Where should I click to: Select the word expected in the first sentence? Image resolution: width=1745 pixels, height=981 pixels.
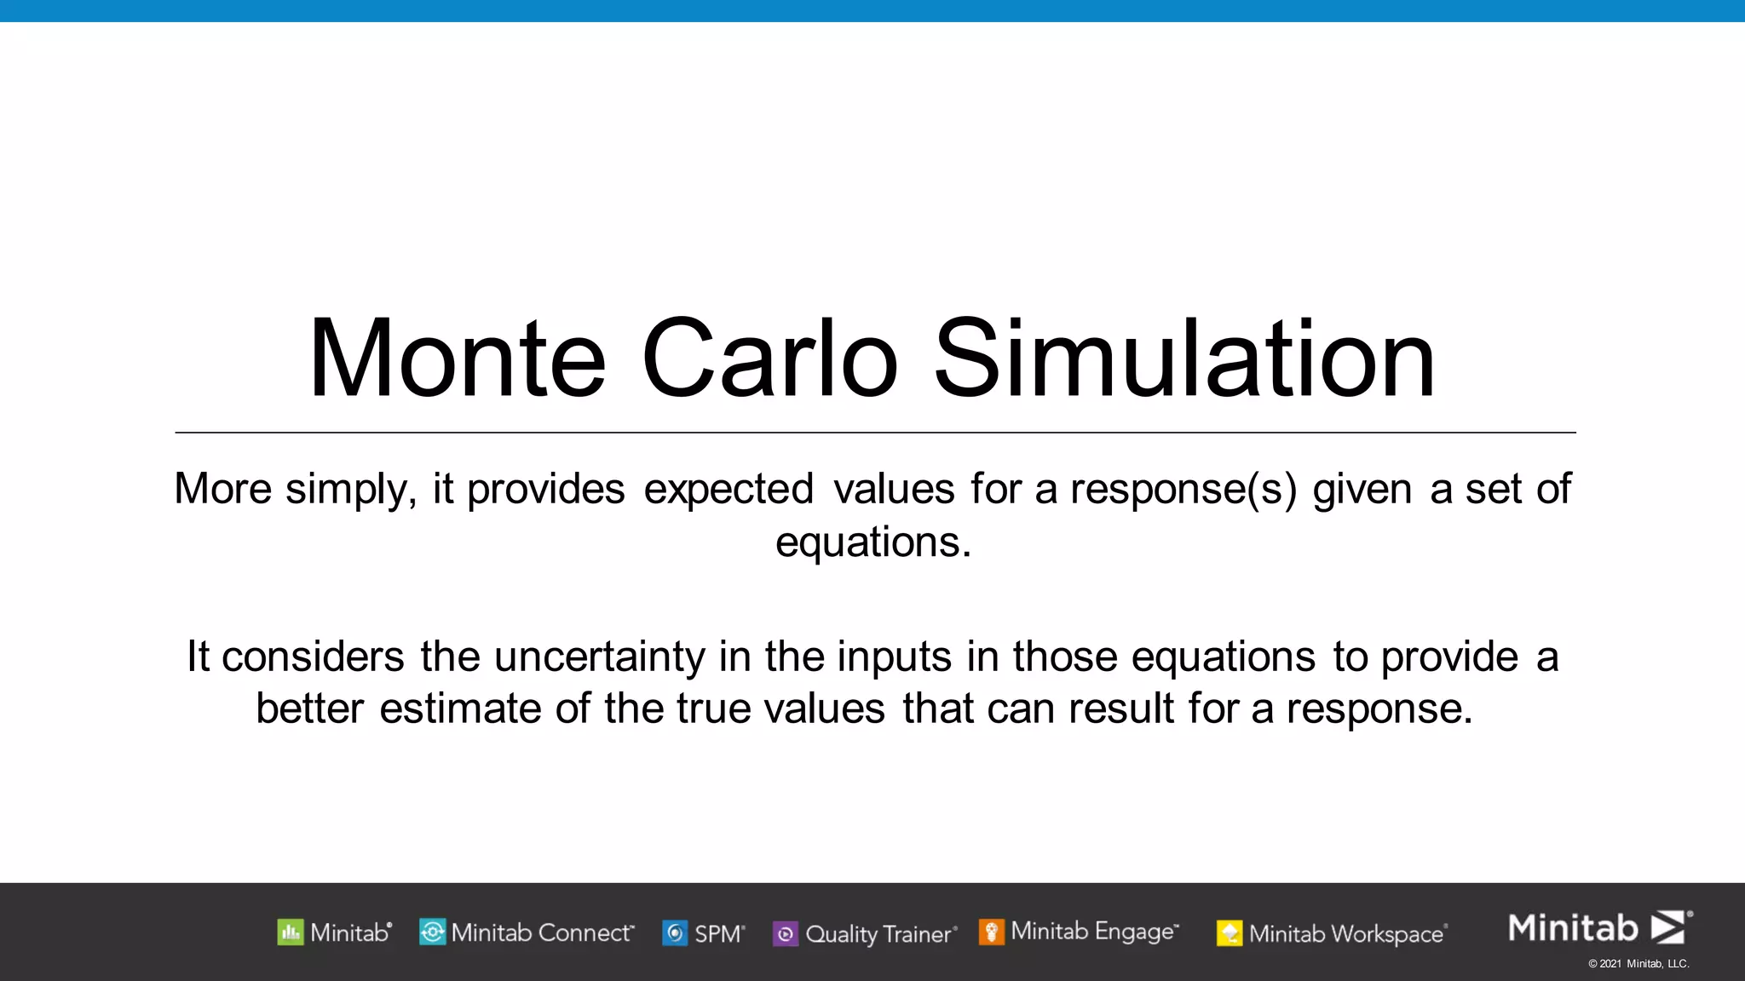729,490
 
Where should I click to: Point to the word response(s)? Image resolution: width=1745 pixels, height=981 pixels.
1183,490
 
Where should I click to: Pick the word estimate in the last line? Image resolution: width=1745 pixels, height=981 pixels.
460,708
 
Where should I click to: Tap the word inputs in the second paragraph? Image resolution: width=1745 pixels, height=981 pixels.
894,657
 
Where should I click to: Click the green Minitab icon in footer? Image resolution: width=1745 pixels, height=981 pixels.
291,932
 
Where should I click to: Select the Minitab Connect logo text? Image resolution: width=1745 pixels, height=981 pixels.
542,932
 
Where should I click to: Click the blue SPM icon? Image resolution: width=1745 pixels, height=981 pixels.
675,933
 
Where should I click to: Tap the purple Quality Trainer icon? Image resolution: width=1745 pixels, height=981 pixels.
785,934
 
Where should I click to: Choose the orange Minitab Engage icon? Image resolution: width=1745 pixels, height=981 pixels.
991,932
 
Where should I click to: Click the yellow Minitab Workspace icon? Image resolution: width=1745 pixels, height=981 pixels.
1229,934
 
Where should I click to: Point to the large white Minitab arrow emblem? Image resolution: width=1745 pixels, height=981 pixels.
1668,927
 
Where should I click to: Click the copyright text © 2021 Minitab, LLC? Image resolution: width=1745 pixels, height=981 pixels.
1638,964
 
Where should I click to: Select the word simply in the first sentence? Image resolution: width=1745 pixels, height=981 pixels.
351,490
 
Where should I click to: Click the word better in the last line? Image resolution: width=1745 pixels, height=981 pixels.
309,708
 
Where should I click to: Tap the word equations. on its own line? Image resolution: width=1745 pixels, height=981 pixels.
872,542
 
